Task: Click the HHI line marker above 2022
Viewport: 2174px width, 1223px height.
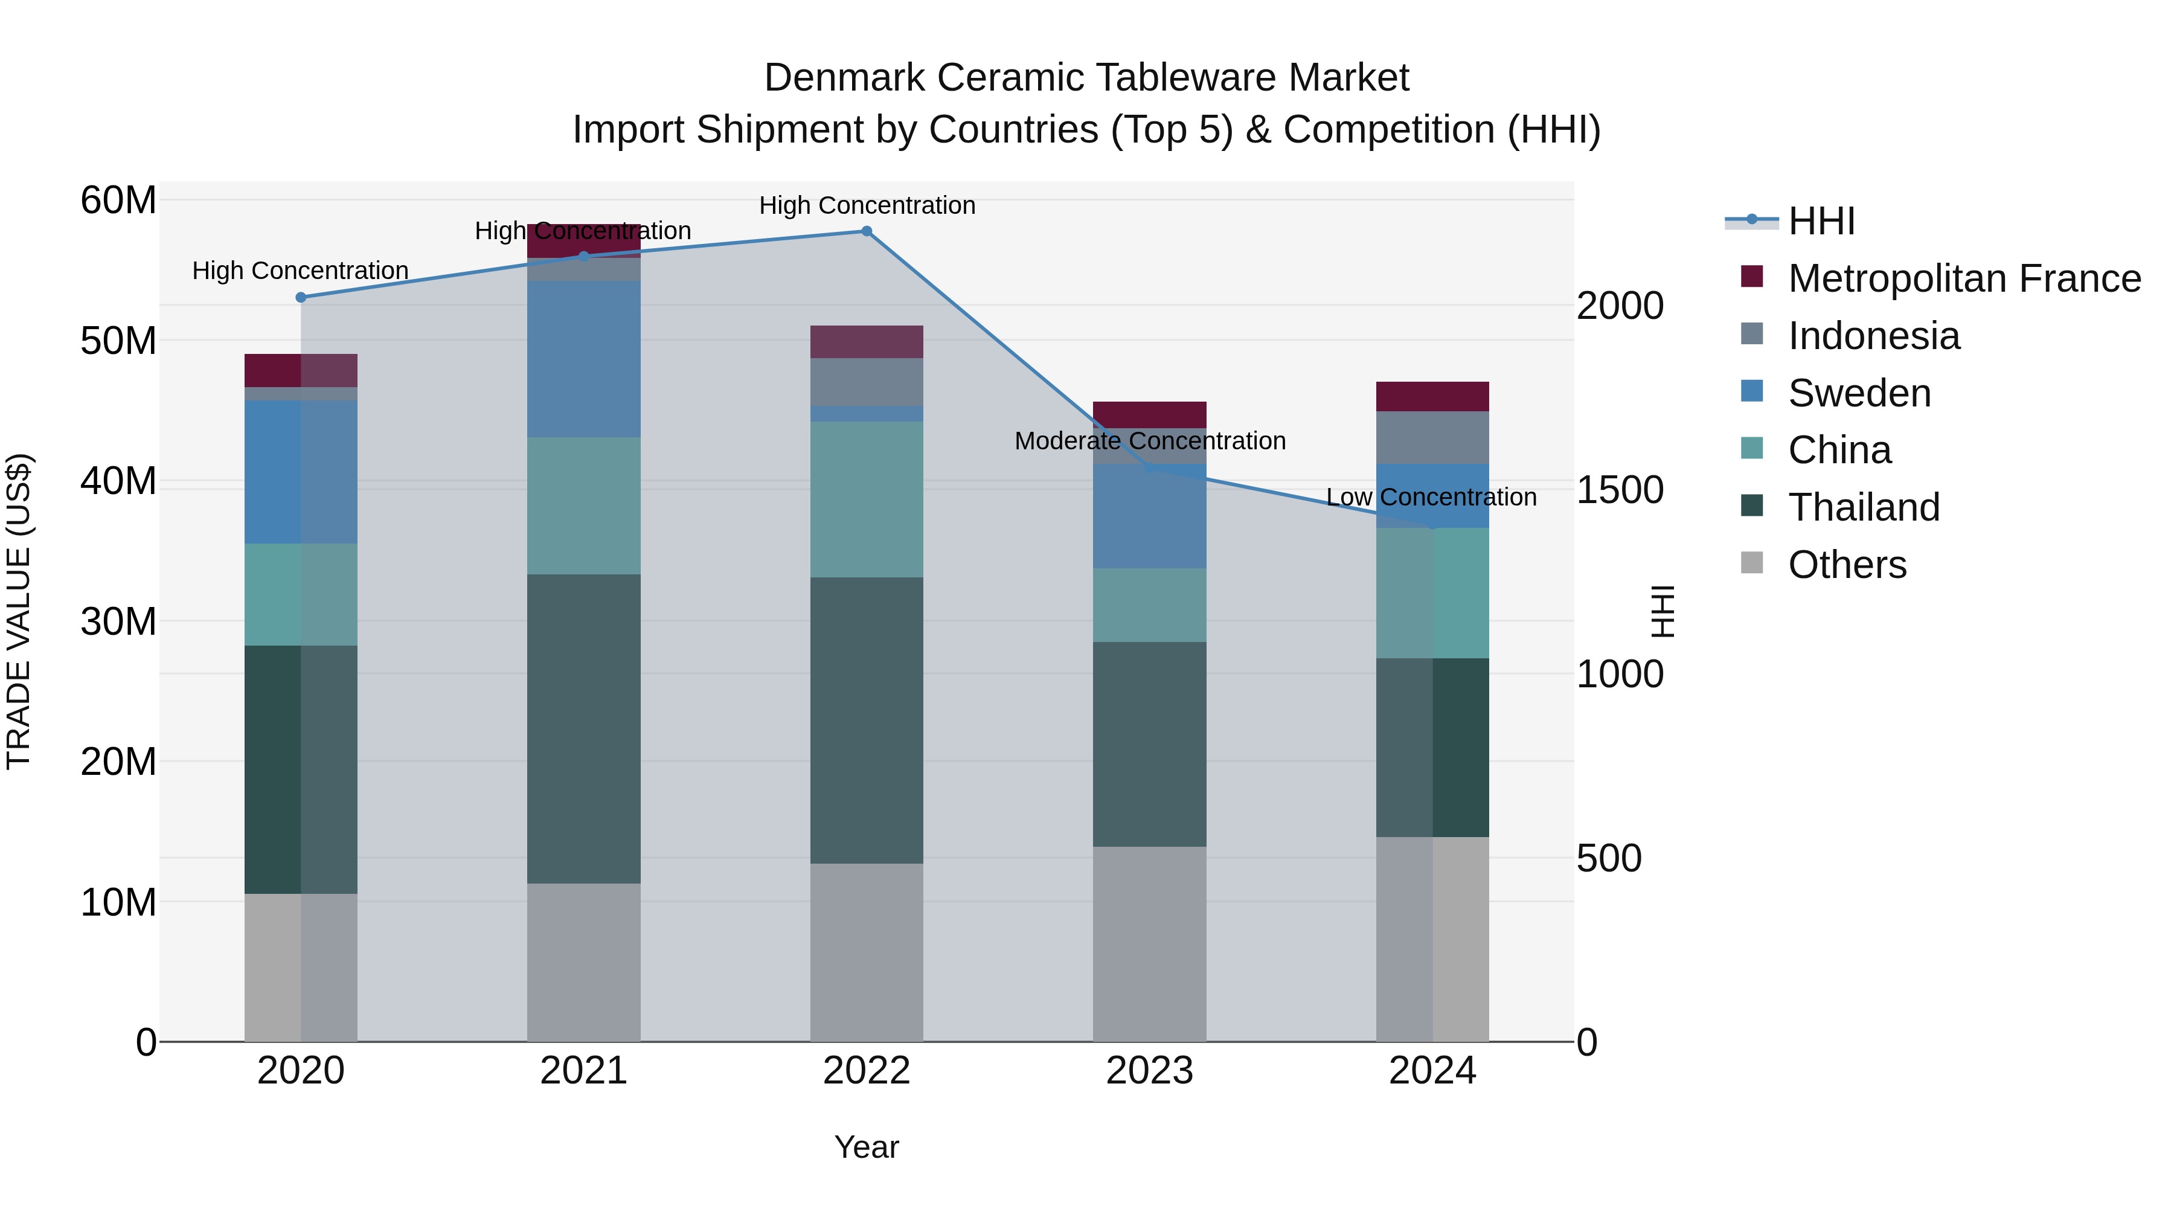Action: (x=866, y=231)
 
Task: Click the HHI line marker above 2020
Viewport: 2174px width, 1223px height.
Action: (x=301, y=297)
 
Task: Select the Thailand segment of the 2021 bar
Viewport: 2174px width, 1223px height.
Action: (x=583, y=728)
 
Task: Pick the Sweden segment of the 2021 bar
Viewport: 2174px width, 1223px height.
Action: (x=583, y=359)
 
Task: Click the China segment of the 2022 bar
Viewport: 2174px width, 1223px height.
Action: (x=866, y=499)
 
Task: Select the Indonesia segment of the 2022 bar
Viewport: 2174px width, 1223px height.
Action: (x=866, y=382)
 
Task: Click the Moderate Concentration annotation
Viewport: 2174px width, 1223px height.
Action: (x=1149, y=441)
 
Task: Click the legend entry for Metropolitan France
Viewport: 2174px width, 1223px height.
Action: (x=1963, y=278)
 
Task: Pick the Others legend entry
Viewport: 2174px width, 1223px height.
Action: (x=1847, y=565)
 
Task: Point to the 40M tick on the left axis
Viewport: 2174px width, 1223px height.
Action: (x=118, y=481)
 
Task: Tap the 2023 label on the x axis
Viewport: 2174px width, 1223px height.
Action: (x=1149, y=1071)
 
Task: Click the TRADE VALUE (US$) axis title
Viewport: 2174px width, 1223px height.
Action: (x=19, y=611)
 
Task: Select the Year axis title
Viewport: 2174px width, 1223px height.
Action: (x=866, y=1147)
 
